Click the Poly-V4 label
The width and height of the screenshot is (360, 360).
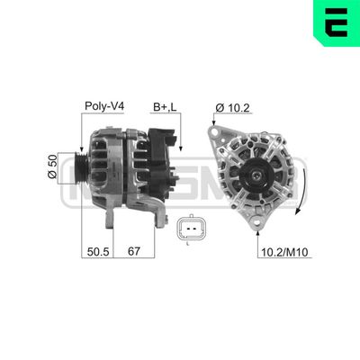103,106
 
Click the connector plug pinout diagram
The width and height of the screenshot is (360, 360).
191,228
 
